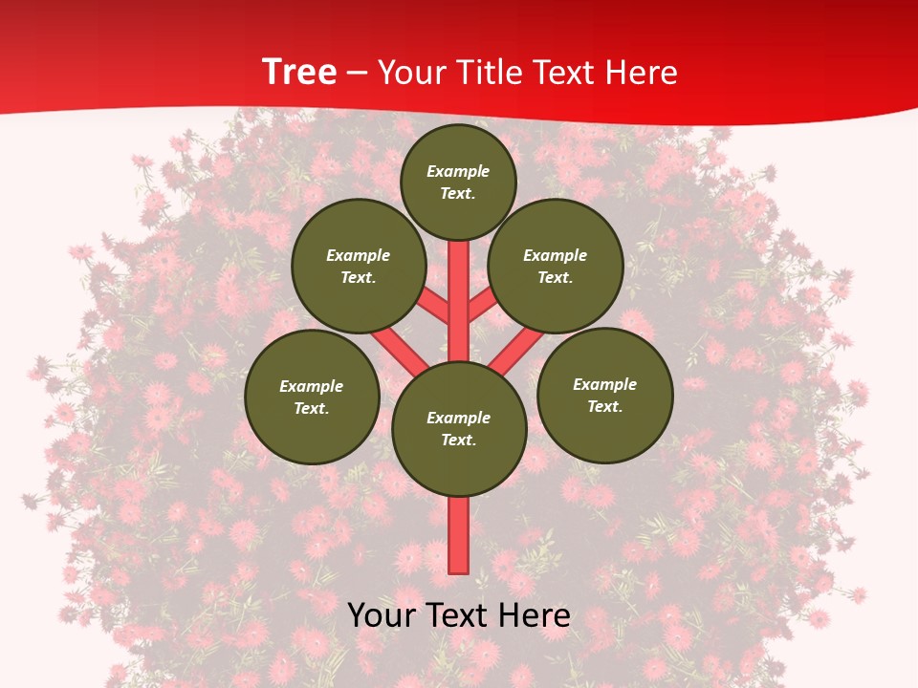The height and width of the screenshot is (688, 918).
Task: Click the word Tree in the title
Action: (x=299, y=73)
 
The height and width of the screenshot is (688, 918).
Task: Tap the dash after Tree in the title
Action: (x=358, y=74)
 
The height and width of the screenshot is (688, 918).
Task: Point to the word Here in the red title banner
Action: (x=643, y=73)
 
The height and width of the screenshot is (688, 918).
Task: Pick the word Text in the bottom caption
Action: (x=460, y=615)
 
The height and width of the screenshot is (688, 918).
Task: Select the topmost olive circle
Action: (x=458, y=182)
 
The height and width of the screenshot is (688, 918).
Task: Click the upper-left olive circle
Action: (x=359, y=266)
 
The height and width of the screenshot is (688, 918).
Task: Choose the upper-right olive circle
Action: (x=556, y=266)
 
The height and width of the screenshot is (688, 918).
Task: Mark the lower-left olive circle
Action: (x=312, y=397)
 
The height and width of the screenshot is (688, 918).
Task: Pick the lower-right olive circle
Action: (x=604, y=395)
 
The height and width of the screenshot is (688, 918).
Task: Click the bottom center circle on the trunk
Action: (x=459, y=428)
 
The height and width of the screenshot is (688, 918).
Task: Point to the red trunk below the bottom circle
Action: (x=459, y=535)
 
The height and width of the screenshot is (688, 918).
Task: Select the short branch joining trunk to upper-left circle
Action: (x=434, y=307)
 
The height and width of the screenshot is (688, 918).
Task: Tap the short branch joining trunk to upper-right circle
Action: (x=482, y=307)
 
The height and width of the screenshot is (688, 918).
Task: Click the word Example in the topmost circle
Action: (x=458, y=171)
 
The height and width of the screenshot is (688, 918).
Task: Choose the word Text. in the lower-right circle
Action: (x=604, y=406)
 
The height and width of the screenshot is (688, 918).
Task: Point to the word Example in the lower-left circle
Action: (x=312, y=386)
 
